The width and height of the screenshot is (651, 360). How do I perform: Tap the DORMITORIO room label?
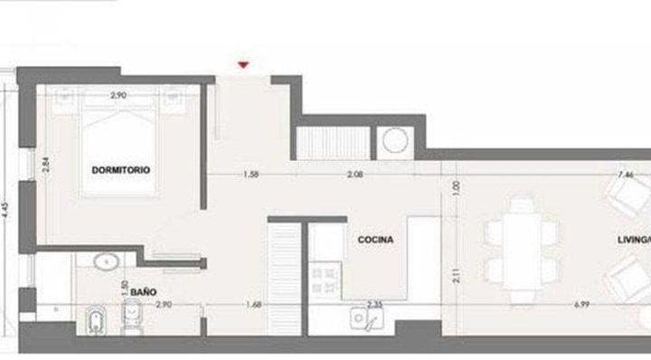tap(119, 170)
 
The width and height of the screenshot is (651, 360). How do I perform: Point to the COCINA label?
tap(374, 240)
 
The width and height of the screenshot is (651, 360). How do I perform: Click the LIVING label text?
tap(633, 240)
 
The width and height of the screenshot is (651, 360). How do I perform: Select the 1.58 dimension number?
tap(252, 175)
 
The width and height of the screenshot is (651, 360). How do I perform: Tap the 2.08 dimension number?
tap(355, 175)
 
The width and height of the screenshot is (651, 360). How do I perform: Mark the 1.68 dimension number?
tap(255, 305)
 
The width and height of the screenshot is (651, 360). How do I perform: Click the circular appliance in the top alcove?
tap(396, 140)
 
